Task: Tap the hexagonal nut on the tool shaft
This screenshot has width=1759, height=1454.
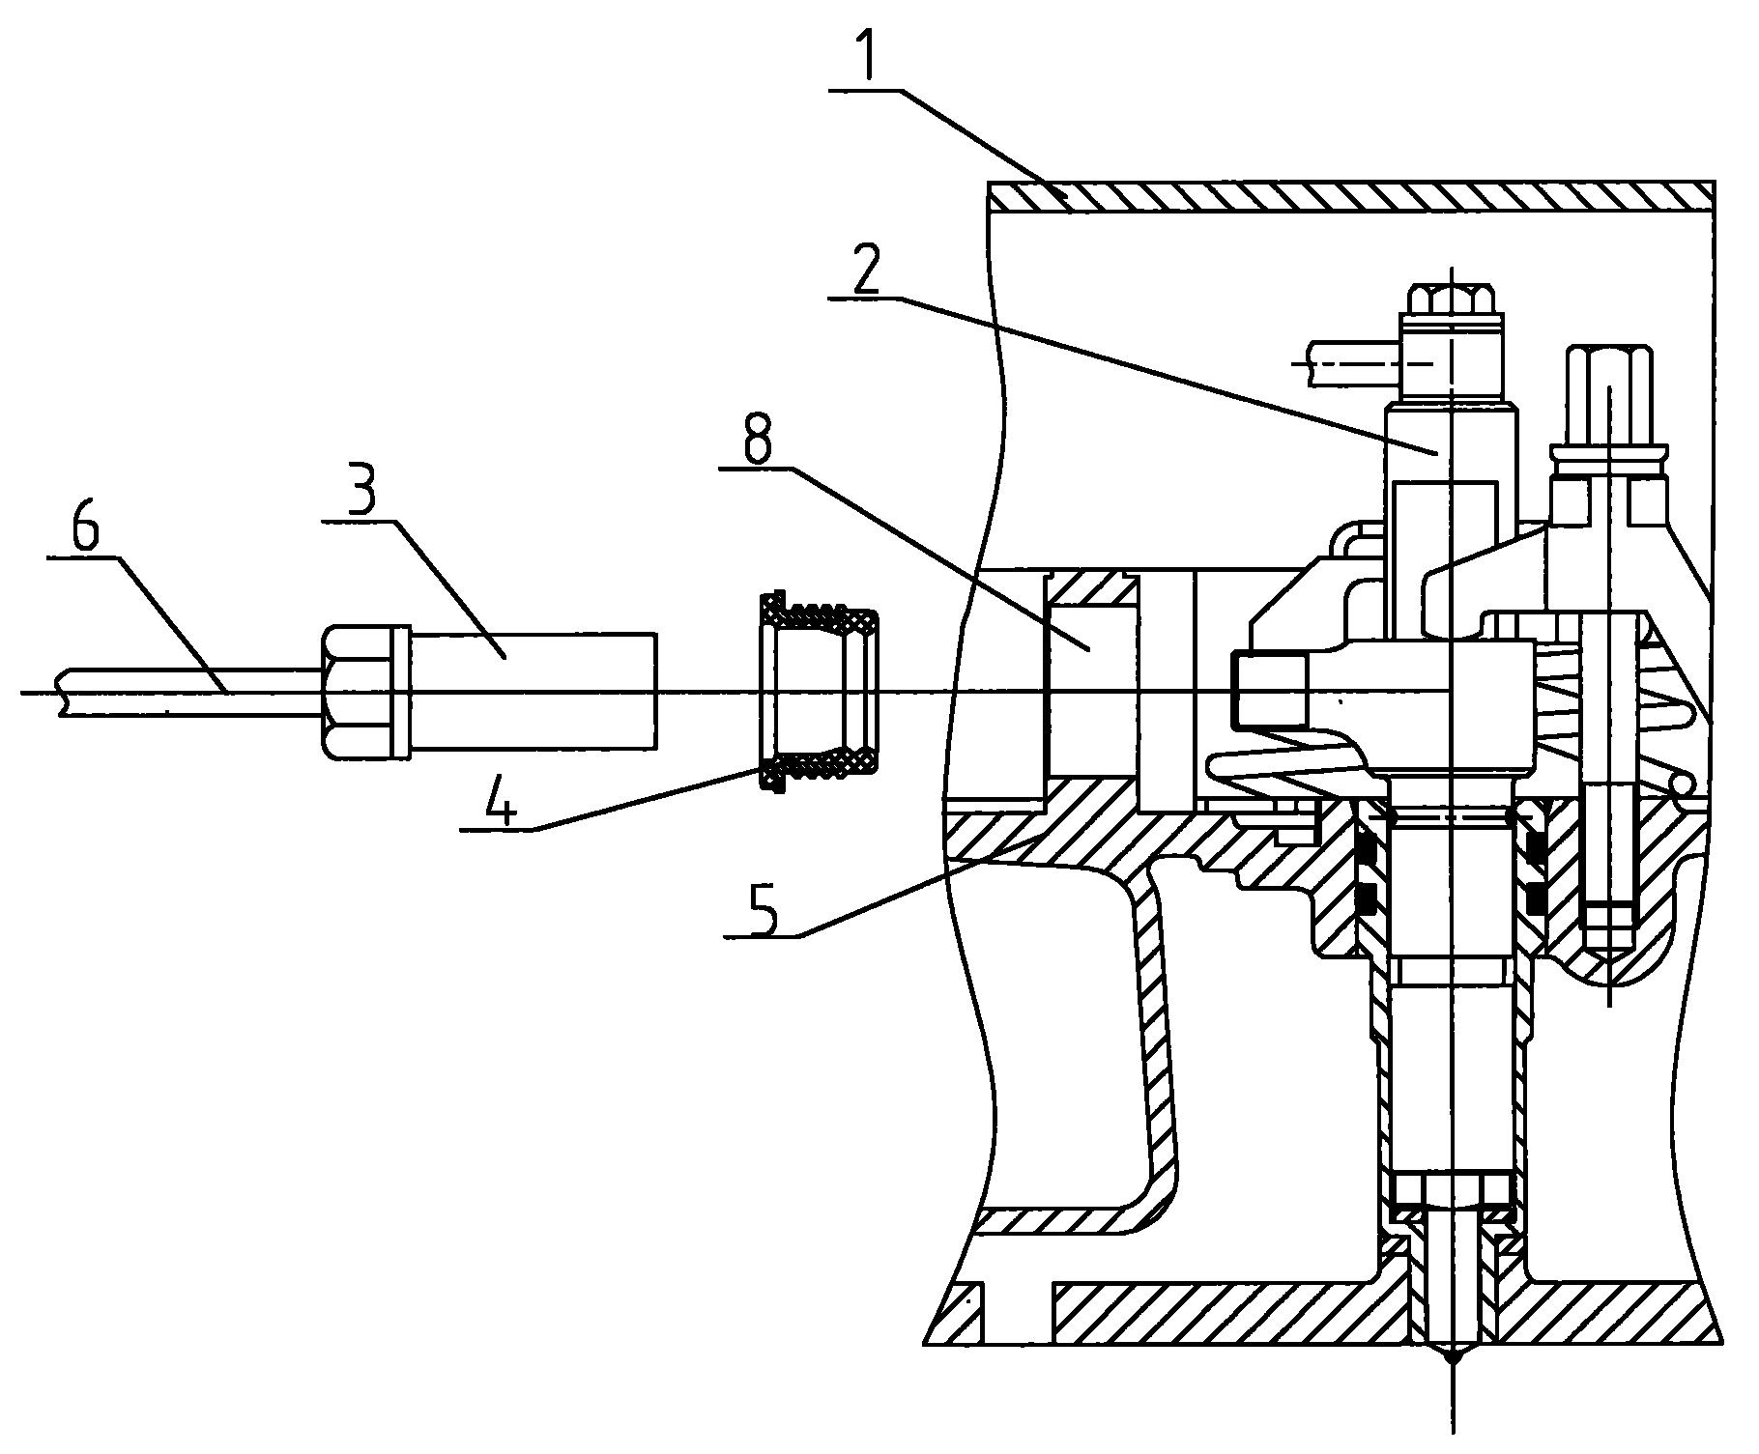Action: [x=360, y=691]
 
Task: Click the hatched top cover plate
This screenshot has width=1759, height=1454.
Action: [x=1352, y=196]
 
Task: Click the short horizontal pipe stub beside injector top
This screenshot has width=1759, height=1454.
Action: [x=1347, y=364]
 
